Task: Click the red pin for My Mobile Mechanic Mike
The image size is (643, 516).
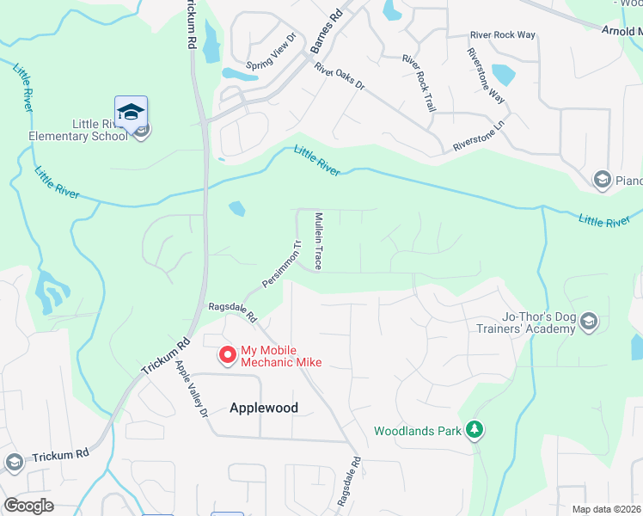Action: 228,354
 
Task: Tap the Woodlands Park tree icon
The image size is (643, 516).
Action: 474,429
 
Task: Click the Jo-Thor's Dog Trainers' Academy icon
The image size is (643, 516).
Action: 589,322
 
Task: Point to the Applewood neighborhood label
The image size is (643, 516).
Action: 264,408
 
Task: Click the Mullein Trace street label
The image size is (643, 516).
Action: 318,241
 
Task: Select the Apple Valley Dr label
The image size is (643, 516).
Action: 192,389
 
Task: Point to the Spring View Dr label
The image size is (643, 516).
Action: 270,51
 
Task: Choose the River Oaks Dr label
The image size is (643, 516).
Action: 340,76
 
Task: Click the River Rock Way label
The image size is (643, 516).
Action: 502,35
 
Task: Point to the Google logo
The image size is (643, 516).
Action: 29,506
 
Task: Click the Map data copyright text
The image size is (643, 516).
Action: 606,509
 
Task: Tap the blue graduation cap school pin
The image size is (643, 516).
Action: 131,112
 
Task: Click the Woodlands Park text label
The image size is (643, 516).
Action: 419,430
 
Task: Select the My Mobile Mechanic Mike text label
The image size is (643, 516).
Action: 281,356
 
